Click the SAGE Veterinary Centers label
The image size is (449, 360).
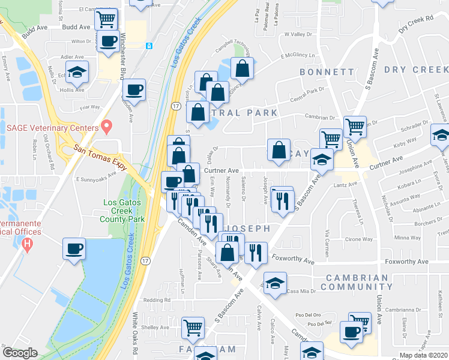(x=52, y=128)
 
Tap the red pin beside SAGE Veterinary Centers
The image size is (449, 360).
(x=107, y=127)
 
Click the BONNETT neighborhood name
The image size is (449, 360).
(x=327, y=72)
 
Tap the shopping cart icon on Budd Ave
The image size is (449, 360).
(x=106, y=19)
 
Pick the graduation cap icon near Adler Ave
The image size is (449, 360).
(x=77, y=72)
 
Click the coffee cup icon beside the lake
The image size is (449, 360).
(x=74, y=248)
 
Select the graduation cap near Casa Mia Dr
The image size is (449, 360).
(x=274, y=283)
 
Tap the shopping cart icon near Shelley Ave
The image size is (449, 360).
(x=193, y=328)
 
